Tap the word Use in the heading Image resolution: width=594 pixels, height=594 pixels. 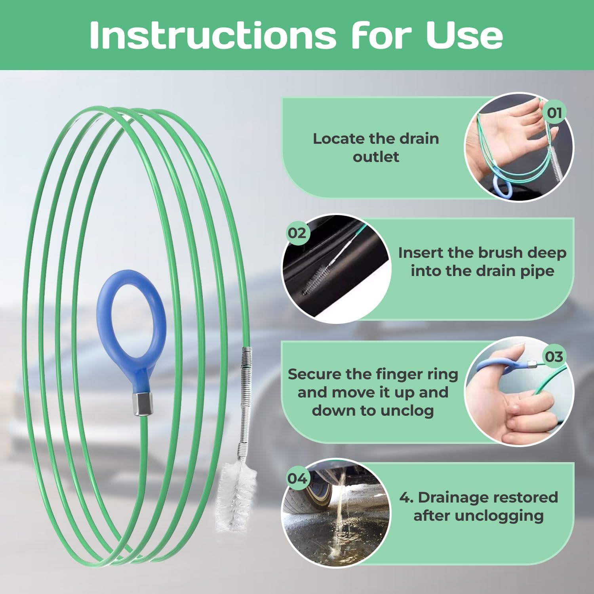(465, 35)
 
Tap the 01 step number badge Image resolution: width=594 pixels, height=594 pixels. (554, 113)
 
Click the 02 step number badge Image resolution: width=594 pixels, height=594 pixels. (297, 233)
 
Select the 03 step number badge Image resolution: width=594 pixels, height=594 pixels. (554, 356)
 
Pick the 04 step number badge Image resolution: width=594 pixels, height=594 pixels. (297, 478)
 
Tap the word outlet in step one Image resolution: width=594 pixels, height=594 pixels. (376, 157)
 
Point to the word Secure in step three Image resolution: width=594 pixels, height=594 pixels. (314, 374)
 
